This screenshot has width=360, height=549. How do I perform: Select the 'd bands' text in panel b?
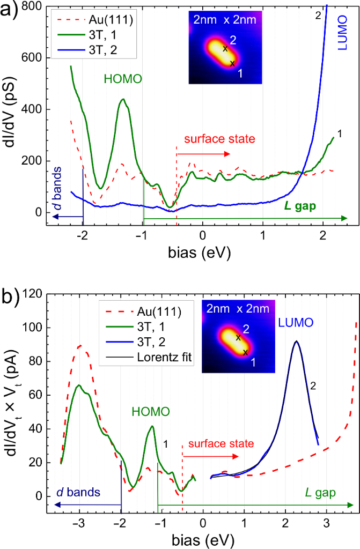tap(79, 492)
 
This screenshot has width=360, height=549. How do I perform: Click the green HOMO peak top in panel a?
tap(123, 99)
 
